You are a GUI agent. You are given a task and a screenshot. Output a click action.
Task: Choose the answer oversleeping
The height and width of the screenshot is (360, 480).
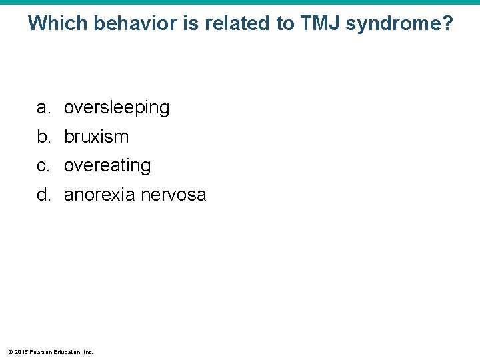117,107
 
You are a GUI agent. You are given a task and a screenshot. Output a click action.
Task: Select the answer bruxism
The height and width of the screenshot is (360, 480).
96,137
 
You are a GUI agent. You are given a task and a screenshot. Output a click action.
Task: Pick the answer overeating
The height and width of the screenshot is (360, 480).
107,165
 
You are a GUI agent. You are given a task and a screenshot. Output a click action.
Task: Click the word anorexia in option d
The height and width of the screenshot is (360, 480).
96,195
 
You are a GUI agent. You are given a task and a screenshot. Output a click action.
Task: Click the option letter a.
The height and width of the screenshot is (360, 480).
42,107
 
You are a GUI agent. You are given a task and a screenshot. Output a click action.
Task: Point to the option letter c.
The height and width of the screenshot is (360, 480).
42,165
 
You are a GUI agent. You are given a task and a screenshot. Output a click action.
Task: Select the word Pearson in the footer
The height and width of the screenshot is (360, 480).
40,351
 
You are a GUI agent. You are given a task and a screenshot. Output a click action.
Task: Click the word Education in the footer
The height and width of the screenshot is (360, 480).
66,351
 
